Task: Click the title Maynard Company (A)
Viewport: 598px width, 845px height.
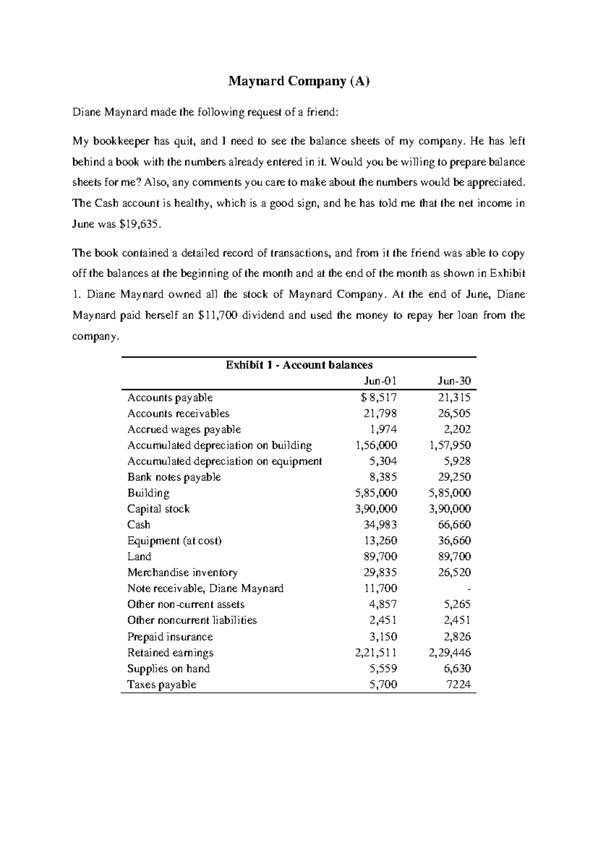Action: pos(299,81)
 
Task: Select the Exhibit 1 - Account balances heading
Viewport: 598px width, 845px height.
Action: pos(299,365)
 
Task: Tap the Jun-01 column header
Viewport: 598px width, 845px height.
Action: pos(380,381)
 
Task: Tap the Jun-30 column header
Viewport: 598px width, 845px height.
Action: pos(454,381)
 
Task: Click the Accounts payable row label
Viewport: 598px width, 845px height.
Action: pos(170,398)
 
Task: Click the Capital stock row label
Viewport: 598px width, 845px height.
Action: pos(158,509)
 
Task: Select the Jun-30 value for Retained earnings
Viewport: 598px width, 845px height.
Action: pos(450,653)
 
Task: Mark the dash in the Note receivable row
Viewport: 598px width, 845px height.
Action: pos(469,589)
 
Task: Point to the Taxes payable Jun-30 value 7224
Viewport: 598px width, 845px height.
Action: pos(459,685)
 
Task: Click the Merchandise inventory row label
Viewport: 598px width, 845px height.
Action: pos(182,572)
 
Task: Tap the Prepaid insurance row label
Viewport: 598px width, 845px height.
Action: pos(170,637)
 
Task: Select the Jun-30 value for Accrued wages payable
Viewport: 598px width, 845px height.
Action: pos(457,429)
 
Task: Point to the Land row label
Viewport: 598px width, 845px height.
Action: pos(139,557)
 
